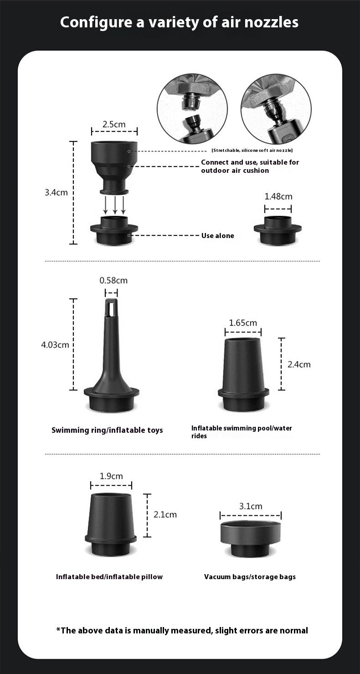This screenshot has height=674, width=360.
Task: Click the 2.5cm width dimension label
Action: coord(114,124)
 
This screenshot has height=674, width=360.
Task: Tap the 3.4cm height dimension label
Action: coord(56,192)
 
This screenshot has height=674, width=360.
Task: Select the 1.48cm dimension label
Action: coord(278,197)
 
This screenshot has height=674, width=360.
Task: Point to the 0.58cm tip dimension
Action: coord(113,280)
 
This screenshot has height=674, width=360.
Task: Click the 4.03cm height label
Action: coord(55,345)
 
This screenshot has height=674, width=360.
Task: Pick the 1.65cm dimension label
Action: coord(243,323)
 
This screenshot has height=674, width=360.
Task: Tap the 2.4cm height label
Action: coord(299,364)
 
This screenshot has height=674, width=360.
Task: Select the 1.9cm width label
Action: coord(111,476)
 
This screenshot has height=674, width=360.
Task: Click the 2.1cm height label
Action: coord(165,514)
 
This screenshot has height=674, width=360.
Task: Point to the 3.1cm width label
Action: coord(251,506)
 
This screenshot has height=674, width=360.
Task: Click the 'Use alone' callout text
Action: coord(218,236)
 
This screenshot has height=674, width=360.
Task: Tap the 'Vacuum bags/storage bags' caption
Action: coord(250,577)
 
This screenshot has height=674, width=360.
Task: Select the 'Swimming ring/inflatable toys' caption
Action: coord(107,430)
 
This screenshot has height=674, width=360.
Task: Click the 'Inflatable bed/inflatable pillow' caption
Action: coord(109,577)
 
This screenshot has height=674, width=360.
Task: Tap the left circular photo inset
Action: coord(192,109)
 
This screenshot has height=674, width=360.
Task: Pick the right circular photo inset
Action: coord(276,109)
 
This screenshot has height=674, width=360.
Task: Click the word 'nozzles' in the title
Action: coord(267,22)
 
